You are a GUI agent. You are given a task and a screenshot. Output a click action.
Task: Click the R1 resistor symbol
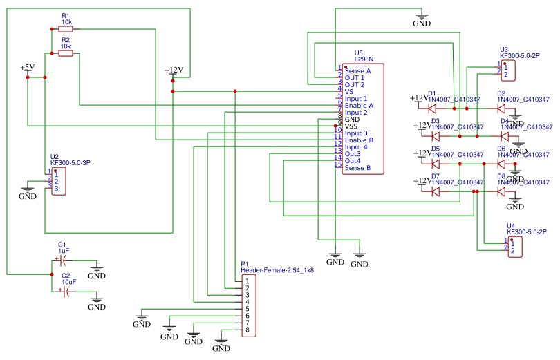coord(66,29)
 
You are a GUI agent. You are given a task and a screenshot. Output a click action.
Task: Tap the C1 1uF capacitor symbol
coord(64,260)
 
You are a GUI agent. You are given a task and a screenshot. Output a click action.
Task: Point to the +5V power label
coord(28,67)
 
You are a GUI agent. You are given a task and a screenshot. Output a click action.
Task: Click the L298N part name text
coord(364,60)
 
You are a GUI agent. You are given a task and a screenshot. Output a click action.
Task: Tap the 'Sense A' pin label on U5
coord(357,71)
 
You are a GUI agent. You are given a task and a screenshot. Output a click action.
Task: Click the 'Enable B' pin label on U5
coord(359,140)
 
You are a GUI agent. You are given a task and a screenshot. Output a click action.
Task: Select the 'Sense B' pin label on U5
coord(357,168)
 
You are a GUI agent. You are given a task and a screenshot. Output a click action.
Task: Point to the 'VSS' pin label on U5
coord(352,126)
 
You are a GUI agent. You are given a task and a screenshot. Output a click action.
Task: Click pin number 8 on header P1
coord(247,330)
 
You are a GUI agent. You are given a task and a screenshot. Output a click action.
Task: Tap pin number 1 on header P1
coord(247,282)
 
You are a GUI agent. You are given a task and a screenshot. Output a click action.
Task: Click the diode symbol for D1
coord(436,108)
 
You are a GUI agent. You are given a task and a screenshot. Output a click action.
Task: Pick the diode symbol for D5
coord(436,164)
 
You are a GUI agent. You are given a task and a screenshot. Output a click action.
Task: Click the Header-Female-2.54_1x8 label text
coord(277,270)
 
